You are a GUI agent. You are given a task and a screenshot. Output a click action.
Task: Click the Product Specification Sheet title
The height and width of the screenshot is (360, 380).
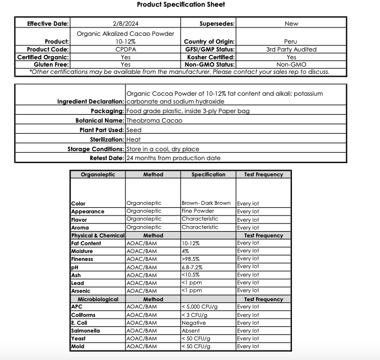[x=180, y=5]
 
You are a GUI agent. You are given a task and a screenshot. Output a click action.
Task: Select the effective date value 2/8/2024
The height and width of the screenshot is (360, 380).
[x=125, y=24]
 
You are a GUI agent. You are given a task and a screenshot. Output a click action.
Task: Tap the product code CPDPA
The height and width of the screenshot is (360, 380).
[x=125, y=49]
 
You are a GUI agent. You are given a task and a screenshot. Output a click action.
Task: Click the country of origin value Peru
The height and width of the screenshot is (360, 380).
[x=291, y=41]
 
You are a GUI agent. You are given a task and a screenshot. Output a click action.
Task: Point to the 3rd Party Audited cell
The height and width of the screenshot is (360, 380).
[x=291, y=49]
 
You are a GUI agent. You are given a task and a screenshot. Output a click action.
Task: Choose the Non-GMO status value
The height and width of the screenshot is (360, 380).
[x=291, y=64]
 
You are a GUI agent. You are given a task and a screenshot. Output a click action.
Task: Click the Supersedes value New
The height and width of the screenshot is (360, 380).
[x=291, y=24]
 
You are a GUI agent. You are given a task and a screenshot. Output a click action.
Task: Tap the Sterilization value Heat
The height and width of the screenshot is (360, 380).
[x=133, y=139]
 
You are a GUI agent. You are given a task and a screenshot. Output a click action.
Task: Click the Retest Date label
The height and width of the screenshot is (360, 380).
[x=106, y=158]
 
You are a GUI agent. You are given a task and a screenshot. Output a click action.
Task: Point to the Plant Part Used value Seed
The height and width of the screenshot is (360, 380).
[x=133, y=130]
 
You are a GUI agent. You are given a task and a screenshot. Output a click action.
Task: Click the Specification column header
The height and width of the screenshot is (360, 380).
[x=208, y=175]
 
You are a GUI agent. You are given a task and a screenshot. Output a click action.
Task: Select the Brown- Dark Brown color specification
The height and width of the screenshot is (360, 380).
[x=206, y=203]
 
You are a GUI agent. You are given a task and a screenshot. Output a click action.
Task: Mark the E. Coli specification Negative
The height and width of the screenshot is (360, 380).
[x=193, y=323]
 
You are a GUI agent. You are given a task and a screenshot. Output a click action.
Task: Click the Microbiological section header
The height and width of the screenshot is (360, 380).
[x=98, y=300]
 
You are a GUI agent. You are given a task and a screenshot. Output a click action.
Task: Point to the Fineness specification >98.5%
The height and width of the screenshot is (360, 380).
[x=191, y=259]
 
